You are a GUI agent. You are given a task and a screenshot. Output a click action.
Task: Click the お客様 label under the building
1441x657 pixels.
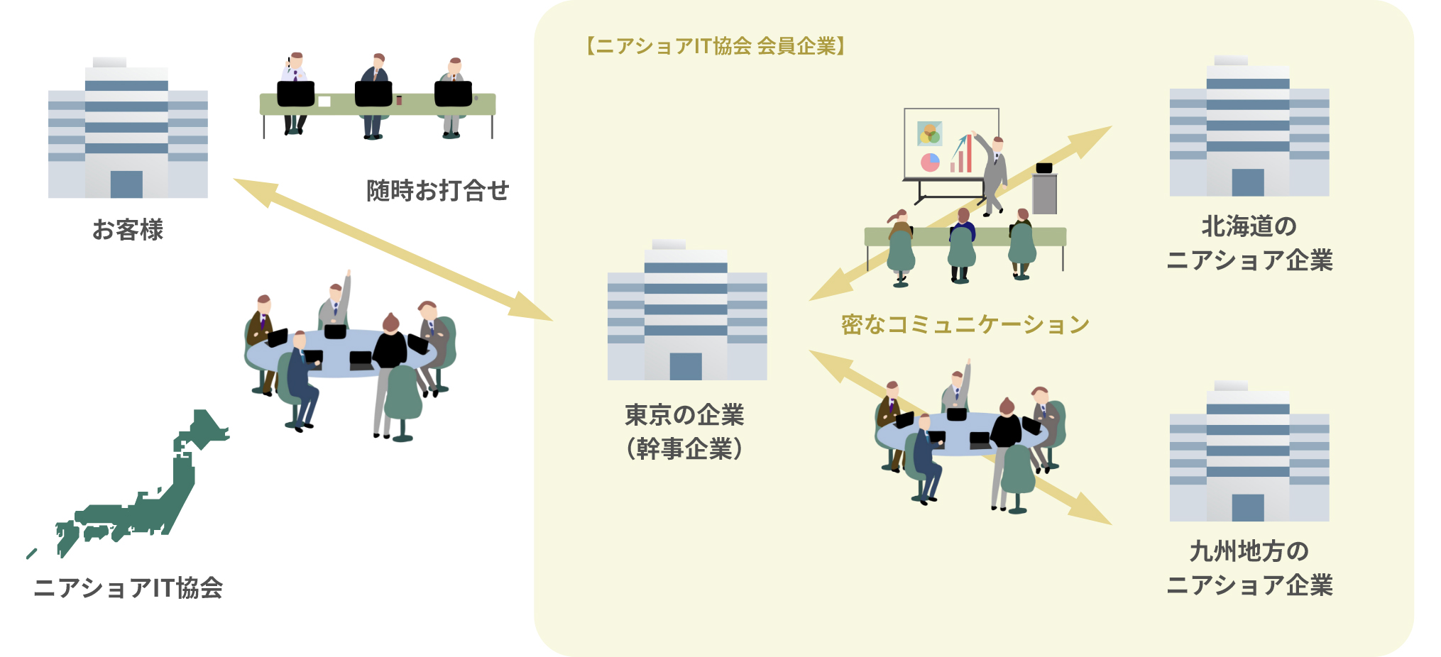tap(128, 230)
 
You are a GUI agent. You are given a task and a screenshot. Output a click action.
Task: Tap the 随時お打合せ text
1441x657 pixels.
tap(437, 190)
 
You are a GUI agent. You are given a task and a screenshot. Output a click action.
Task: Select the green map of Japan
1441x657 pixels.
tap(142, 490)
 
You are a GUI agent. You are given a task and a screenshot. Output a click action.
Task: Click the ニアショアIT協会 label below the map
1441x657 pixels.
tap(128, 588)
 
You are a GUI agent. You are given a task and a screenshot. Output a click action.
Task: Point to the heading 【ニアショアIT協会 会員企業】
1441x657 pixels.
tap(716, 46)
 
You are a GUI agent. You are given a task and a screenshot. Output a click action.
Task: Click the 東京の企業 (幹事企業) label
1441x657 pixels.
tap(685, 431)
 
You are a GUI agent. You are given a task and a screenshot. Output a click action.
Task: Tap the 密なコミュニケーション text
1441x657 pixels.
tap(965, 324)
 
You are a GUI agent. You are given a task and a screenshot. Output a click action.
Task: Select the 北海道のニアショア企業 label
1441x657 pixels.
tap(1249, 243)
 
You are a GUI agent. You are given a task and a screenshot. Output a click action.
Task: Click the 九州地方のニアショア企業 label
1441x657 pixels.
tap(1249, 568)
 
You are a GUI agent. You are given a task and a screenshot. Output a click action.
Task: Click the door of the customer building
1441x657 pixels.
tap(126, 184)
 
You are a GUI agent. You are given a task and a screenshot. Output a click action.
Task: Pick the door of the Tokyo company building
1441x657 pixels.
tap(686, 366)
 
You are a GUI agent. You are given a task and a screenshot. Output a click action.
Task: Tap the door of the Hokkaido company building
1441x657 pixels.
tap(1248, 182)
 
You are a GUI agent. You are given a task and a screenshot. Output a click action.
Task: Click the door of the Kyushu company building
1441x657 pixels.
tap(1248, 507)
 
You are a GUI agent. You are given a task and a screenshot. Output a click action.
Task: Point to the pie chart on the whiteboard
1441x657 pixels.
tap(930, 162)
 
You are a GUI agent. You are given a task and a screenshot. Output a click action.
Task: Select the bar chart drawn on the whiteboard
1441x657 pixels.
tap(962, 155)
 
